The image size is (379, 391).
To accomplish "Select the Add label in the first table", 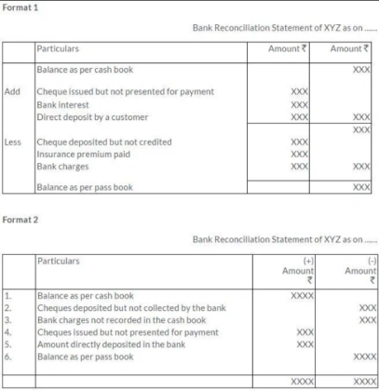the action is (13, 91).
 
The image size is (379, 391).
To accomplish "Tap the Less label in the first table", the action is (14, 142).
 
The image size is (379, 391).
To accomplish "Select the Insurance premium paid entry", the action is (83, 154).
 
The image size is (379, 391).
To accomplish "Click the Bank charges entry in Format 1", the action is (65, 166).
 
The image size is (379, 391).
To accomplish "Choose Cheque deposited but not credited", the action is (110, 142).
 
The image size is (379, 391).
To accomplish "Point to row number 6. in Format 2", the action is (9, 357).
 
